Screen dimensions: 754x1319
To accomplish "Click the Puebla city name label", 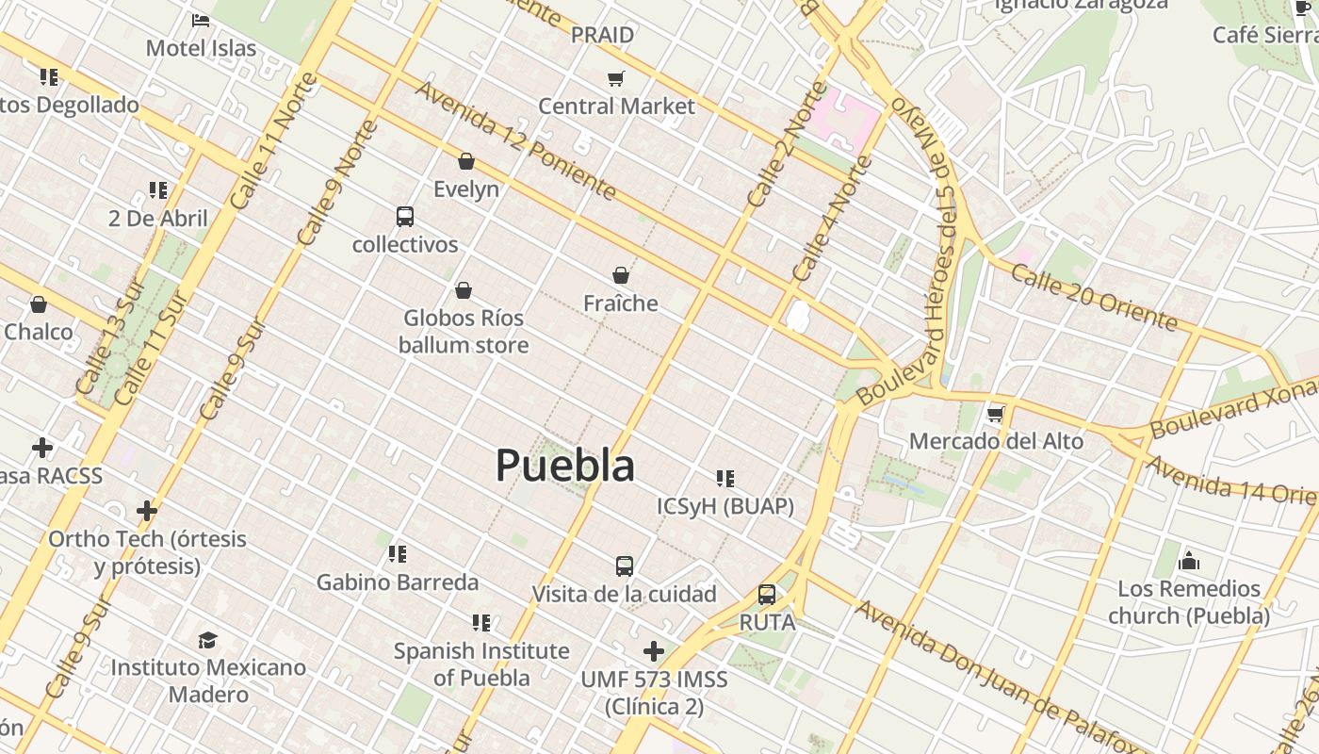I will [565, 466].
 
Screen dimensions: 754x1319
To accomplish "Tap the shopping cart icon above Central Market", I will [616, 78].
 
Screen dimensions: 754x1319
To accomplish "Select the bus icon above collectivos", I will [405, 217].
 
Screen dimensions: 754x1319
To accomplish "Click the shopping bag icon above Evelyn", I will [466, 161].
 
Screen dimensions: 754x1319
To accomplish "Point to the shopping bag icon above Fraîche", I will [621, 275].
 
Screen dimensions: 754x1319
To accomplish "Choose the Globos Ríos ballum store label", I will [463, 332].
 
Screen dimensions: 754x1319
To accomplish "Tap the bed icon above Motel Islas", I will [201, 20].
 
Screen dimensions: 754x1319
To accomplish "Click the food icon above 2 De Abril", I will [158, 190].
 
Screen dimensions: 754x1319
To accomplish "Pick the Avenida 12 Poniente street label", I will [515, 140].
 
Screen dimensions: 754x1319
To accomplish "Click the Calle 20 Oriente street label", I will [1094, 297].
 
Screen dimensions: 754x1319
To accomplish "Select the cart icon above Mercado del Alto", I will [996, 414].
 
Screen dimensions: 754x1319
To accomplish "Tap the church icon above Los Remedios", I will [1189, 561].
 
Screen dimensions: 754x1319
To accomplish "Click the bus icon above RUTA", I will [767, 595].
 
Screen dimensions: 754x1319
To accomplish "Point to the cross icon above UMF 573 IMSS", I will [654, 651].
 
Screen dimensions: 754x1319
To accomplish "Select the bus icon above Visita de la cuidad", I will [625, 566].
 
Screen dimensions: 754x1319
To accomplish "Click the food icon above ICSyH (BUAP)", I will [725, 479].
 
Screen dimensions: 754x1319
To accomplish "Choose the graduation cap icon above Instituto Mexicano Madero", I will [208, 641].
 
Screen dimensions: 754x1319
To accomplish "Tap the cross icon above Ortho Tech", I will [147, 511].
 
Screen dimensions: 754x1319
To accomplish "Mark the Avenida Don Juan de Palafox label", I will [999, 676].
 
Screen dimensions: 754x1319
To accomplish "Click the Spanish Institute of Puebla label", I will [481, 664].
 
